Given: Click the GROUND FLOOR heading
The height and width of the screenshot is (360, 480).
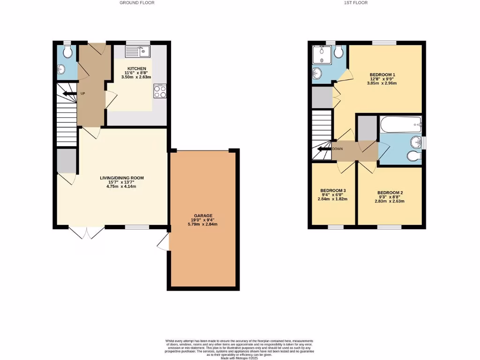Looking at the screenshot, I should [x=137, y=3].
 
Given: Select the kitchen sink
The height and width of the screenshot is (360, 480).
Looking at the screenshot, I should [x=137, y=50].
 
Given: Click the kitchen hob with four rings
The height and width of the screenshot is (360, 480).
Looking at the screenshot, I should [x=160, y=91].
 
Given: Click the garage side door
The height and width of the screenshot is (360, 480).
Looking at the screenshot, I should [x=164, y=242].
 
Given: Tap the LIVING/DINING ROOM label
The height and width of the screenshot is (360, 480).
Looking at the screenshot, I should [x=121, y=178].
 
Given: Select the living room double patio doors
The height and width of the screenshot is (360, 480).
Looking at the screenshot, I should [x=87, y=232].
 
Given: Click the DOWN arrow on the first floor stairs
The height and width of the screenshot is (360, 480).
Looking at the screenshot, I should [x=324, y=149].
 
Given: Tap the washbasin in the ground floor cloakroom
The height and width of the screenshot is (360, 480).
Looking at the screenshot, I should [x=60, y=70].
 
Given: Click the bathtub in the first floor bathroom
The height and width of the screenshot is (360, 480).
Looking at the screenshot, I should [x=401, y=125].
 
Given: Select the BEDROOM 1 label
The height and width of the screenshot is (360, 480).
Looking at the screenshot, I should [x=382, y=75].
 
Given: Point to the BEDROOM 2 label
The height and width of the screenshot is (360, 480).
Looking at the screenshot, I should [x=390, y=193].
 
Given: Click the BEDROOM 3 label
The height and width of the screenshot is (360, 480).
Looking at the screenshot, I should [x=333, y=191].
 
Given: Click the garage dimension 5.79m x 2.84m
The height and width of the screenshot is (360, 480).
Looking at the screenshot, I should [x=203, y=224].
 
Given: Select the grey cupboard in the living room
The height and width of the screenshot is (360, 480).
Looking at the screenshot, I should [x=67, y=161].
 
